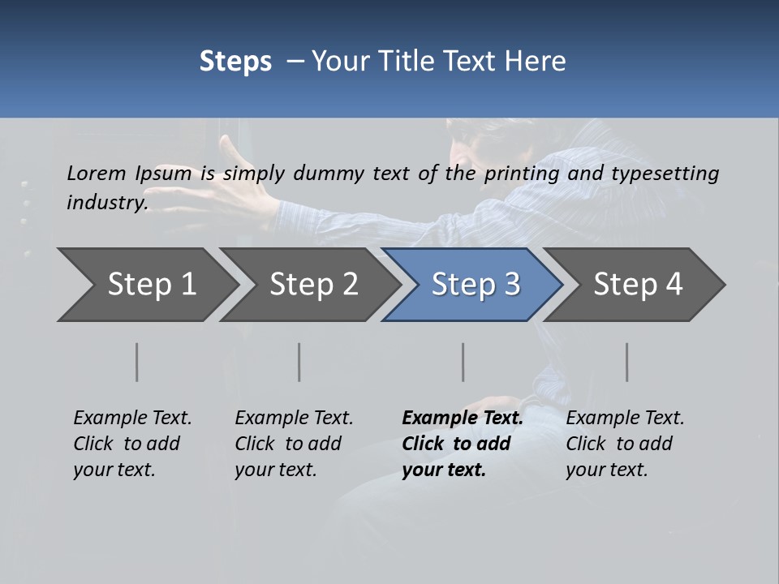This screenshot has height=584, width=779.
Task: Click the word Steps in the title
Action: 235,62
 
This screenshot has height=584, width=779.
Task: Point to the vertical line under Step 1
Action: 137,362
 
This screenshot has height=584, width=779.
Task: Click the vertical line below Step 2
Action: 299,362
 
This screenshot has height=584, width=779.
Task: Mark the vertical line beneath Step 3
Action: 463,362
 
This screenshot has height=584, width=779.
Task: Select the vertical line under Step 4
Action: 627,362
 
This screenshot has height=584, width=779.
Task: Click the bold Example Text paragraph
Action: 462,444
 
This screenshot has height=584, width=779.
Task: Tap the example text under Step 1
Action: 132,444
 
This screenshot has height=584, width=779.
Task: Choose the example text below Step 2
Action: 294,444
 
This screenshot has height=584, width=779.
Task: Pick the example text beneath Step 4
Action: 625,444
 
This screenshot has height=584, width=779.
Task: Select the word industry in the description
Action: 106,202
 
